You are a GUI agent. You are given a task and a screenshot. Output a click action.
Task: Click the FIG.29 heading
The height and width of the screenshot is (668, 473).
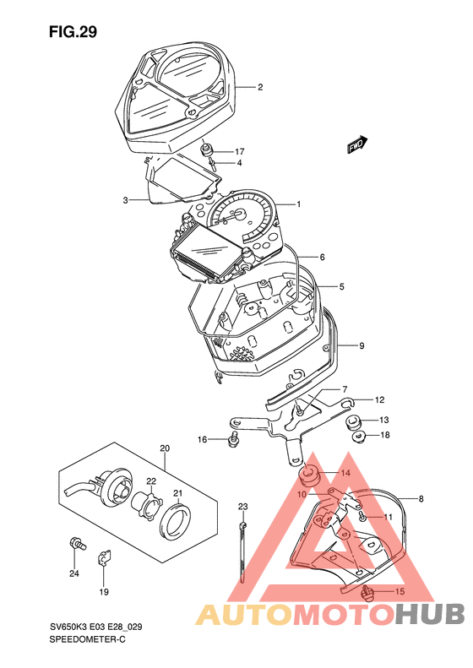73,31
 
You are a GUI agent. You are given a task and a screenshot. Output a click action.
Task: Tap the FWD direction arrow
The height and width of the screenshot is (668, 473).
356,145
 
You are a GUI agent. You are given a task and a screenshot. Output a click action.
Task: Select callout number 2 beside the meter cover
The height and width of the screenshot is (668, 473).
260,87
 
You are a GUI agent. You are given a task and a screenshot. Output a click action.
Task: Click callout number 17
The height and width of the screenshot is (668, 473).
239,152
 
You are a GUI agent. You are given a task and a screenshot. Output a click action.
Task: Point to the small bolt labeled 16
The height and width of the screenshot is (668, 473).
233,439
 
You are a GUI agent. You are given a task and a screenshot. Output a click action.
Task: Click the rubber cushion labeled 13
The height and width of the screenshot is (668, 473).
353,422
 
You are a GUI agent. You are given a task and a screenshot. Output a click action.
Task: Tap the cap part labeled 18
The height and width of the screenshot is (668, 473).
359,437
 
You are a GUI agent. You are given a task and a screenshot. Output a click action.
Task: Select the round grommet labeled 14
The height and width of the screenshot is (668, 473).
310,475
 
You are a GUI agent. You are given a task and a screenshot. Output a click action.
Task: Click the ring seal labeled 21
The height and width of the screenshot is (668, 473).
176,521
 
